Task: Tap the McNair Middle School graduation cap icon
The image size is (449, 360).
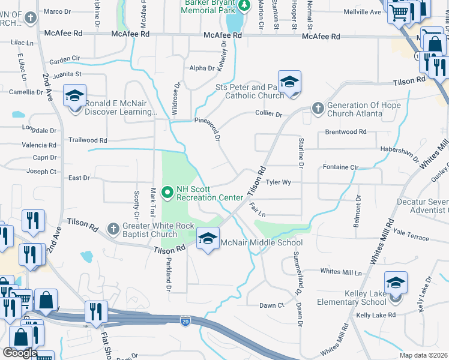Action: click(208, 239)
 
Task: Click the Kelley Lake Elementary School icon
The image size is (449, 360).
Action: click(396, 283)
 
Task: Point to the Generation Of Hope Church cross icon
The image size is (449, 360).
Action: click(318, 109)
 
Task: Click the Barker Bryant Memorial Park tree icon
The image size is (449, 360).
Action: click(244, 6)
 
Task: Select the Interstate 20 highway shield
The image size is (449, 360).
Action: click(185, 322)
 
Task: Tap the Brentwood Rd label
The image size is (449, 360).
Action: click(345, 131)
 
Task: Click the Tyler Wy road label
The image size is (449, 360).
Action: click(279, 182)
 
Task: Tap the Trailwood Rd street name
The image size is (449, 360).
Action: click(88, 140)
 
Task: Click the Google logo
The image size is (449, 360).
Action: click(20, 353)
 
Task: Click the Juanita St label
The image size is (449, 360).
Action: click(65, 74)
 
